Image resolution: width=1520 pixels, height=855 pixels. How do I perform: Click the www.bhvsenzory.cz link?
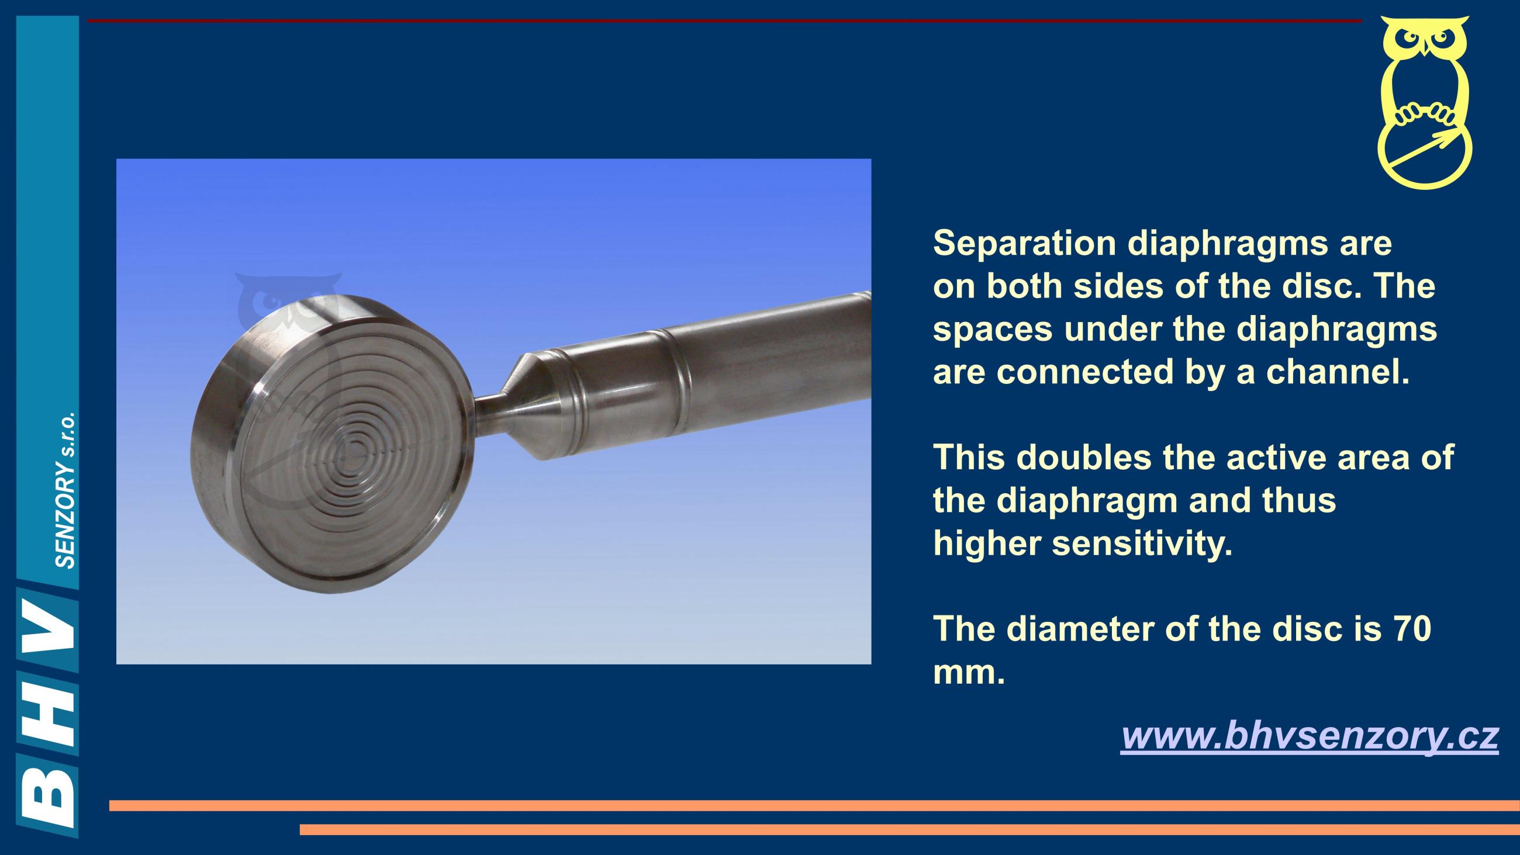coord(1310,736)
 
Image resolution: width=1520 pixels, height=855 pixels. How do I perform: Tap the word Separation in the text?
coord(1024,243)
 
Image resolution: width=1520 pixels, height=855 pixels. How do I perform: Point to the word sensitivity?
coord(1143,543)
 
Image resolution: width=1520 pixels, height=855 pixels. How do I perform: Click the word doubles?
coord(1084,457)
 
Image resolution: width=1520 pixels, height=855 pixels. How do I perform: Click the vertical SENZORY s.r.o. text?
coord(64,490)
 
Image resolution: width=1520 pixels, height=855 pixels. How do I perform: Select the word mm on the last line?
coord(969,673)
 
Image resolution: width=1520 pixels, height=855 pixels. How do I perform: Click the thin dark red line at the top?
coord(724,21)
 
